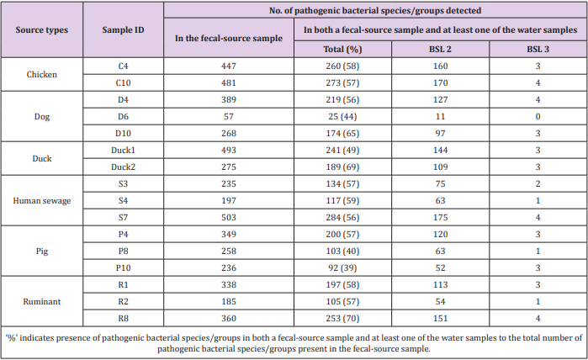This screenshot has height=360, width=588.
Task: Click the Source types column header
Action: [42, 29]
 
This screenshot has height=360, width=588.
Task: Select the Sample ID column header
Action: [123, 29]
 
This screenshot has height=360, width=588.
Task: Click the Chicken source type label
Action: [42, 74]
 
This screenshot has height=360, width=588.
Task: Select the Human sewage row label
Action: [42, 199]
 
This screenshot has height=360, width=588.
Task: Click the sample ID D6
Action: [123, 117]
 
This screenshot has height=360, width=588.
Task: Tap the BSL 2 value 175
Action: [440, 216]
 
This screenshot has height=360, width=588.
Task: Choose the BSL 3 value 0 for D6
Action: [537, 117]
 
